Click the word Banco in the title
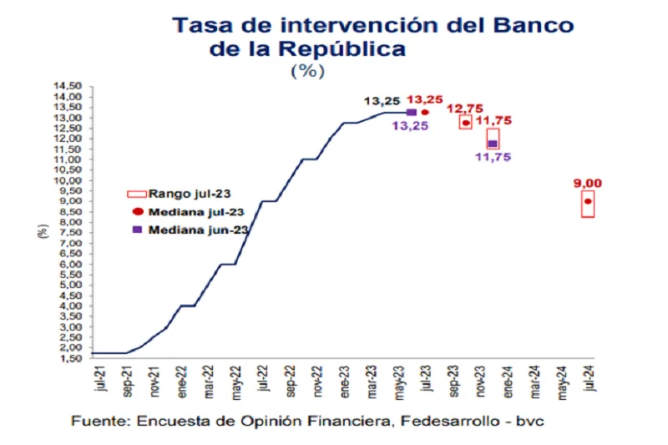point(532,25)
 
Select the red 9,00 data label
point(587,184)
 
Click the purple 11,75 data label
point(493,156)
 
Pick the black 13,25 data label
point(382,101)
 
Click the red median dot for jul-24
point(589,201)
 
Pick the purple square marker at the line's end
point(411,112)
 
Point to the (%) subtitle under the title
point(306,71)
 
